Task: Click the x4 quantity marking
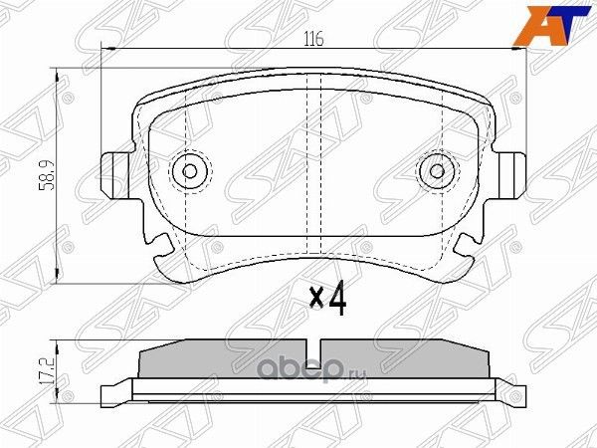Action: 327,298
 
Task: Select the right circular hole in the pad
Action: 436,170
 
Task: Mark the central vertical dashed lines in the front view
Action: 312,169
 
